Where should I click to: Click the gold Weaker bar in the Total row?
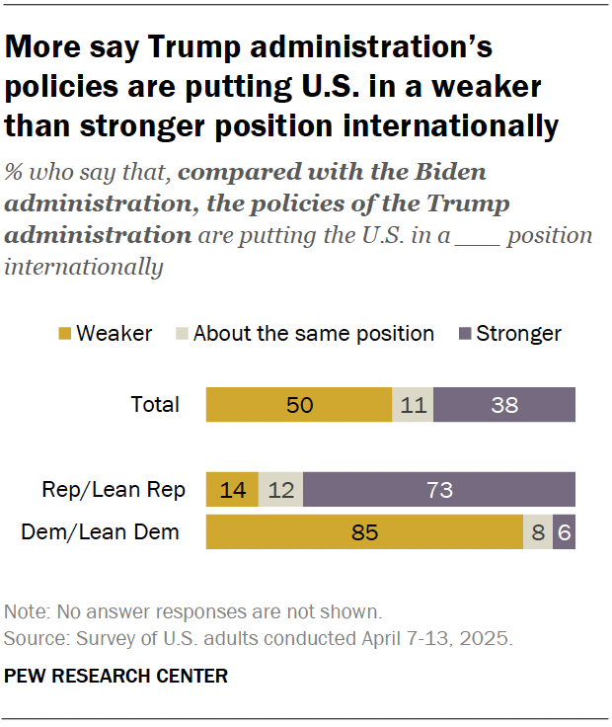pos(298,404)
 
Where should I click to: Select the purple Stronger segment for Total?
pos(503,404)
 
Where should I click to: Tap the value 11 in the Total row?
pos(412,404)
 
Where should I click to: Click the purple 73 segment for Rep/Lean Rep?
pos(439,490)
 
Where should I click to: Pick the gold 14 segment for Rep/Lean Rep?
pos(232,490)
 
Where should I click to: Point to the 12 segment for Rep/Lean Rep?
pos(281,490)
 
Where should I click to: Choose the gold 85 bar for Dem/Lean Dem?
pos(364,532)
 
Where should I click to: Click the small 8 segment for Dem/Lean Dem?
pos(538,532)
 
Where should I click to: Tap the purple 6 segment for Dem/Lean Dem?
pos(565,532)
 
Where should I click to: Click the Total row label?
pos(155,404)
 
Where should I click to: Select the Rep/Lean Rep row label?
pos(111,490)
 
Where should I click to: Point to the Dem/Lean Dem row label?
pos(101,532)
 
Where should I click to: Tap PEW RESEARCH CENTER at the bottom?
pos(116,677)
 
